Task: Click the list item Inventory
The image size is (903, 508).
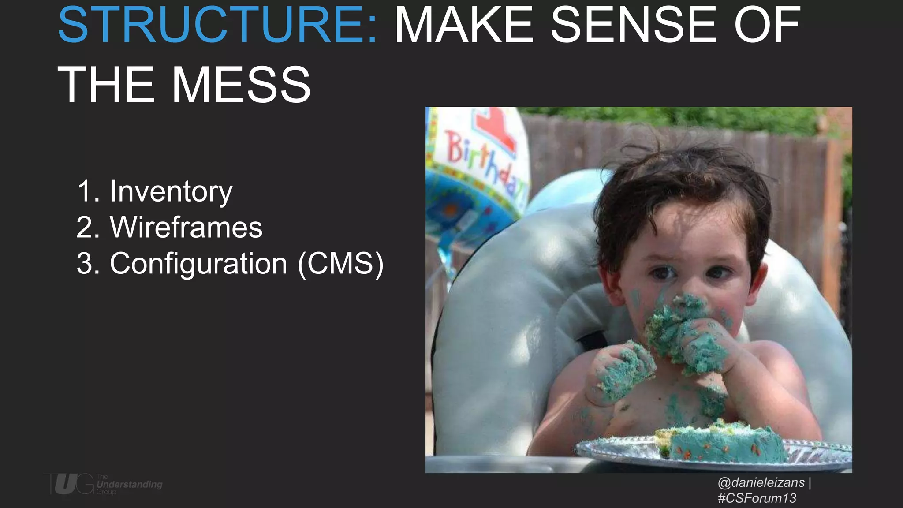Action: (171, 191)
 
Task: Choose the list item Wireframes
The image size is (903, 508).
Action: (186, 228)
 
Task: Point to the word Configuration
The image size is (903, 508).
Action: (198, 264)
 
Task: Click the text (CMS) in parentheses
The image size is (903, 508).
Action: (340, 264)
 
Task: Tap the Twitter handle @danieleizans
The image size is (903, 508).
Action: (761, 482)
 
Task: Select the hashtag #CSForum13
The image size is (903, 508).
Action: (757, 498)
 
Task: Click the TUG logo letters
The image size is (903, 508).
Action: (69, 484)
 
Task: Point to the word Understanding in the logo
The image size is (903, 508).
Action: (129, 484)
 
